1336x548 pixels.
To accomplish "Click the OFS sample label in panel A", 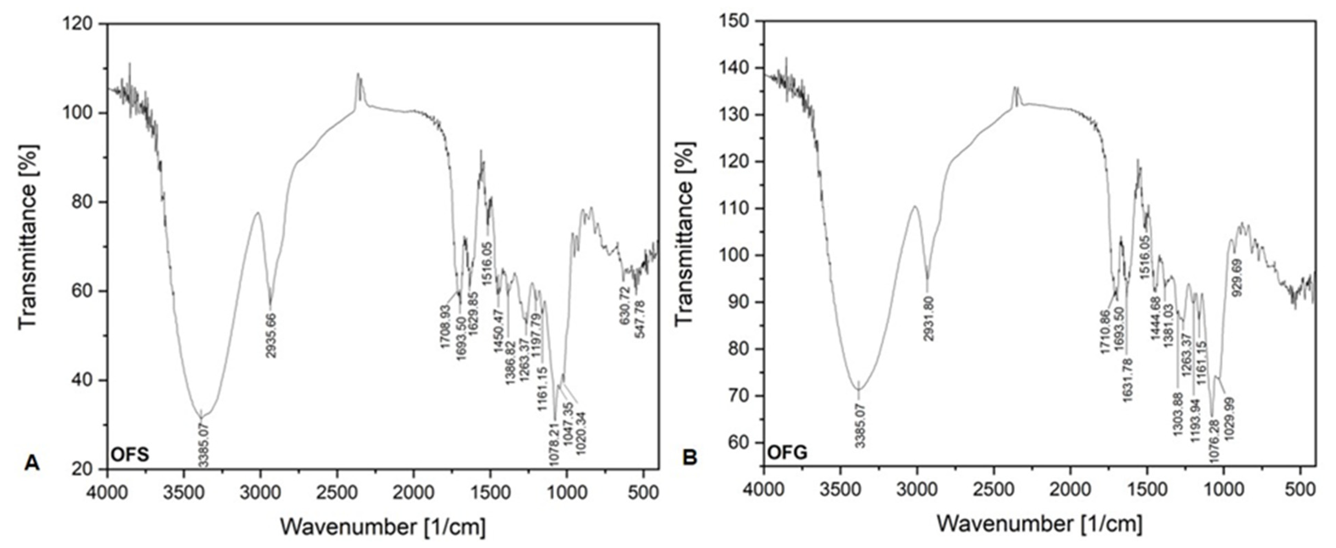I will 130,455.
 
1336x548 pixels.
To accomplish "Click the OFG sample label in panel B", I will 787,453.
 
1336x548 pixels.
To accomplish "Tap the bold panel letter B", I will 690,457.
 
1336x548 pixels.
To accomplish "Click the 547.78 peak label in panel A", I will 641,319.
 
